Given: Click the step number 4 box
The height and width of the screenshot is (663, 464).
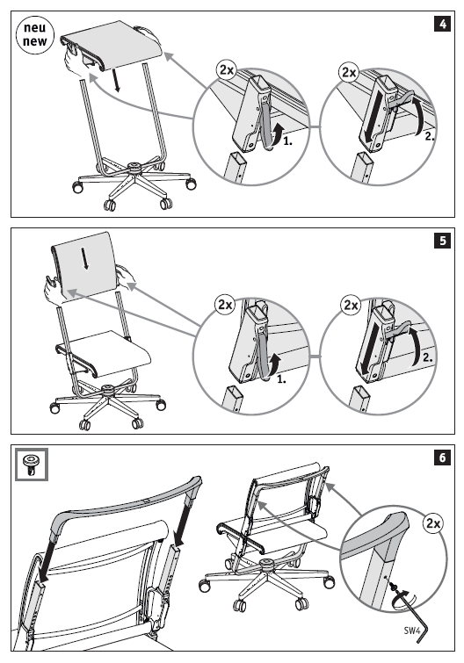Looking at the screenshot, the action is [x=442, y=24].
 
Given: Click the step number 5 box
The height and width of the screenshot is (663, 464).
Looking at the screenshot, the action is [x=442, y=241].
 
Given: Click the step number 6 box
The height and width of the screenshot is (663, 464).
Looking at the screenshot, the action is [x=442, y=458].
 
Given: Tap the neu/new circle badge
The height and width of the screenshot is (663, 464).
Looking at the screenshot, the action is [x=35, y=35].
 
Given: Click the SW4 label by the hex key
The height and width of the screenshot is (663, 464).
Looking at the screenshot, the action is [x=411, y=631].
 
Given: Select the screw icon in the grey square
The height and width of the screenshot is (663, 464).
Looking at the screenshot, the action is [x=32, y=465].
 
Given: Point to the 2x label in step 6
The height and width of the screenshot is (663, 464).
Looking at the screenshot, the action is [x=433, y=523].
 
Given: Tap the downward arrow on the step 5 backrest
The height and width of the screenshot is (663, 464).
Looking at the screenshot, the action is [x=85, y=258].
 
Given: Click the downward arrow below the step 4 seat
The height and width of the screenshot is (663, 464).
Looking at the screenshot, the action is [x=117, y=80].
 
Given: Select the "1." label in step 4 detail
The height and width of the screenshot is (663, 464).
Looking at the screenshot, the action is [x=287, y=141].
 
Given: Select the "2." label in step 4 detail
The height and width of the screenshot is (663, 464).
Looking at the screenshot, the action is [x=430, y=136].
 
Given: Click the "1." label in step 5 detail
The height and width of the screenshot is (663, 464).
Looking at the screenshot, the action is [x=281, y=379].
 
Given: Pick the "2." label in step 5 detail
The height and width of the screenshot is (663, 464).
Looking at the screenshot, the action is [x=427, y=357].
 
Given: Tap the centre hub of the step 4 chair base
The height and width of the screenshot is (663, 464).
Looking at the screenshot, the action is [x=135, y=166].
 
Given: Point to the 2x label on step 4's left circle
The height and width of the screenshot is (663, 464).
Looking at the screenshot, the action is [x=227, y=69].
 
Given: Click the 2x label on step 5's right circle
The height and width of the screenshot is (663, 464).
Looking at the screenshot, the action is [x=351, y=305].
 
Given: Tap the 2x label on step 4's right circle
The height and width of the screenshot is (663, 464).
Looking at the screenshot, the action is [x=349, y=72].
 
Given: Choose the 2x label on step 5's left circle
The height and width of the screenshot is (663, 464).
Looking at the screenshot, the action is [x=225, y=305].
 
